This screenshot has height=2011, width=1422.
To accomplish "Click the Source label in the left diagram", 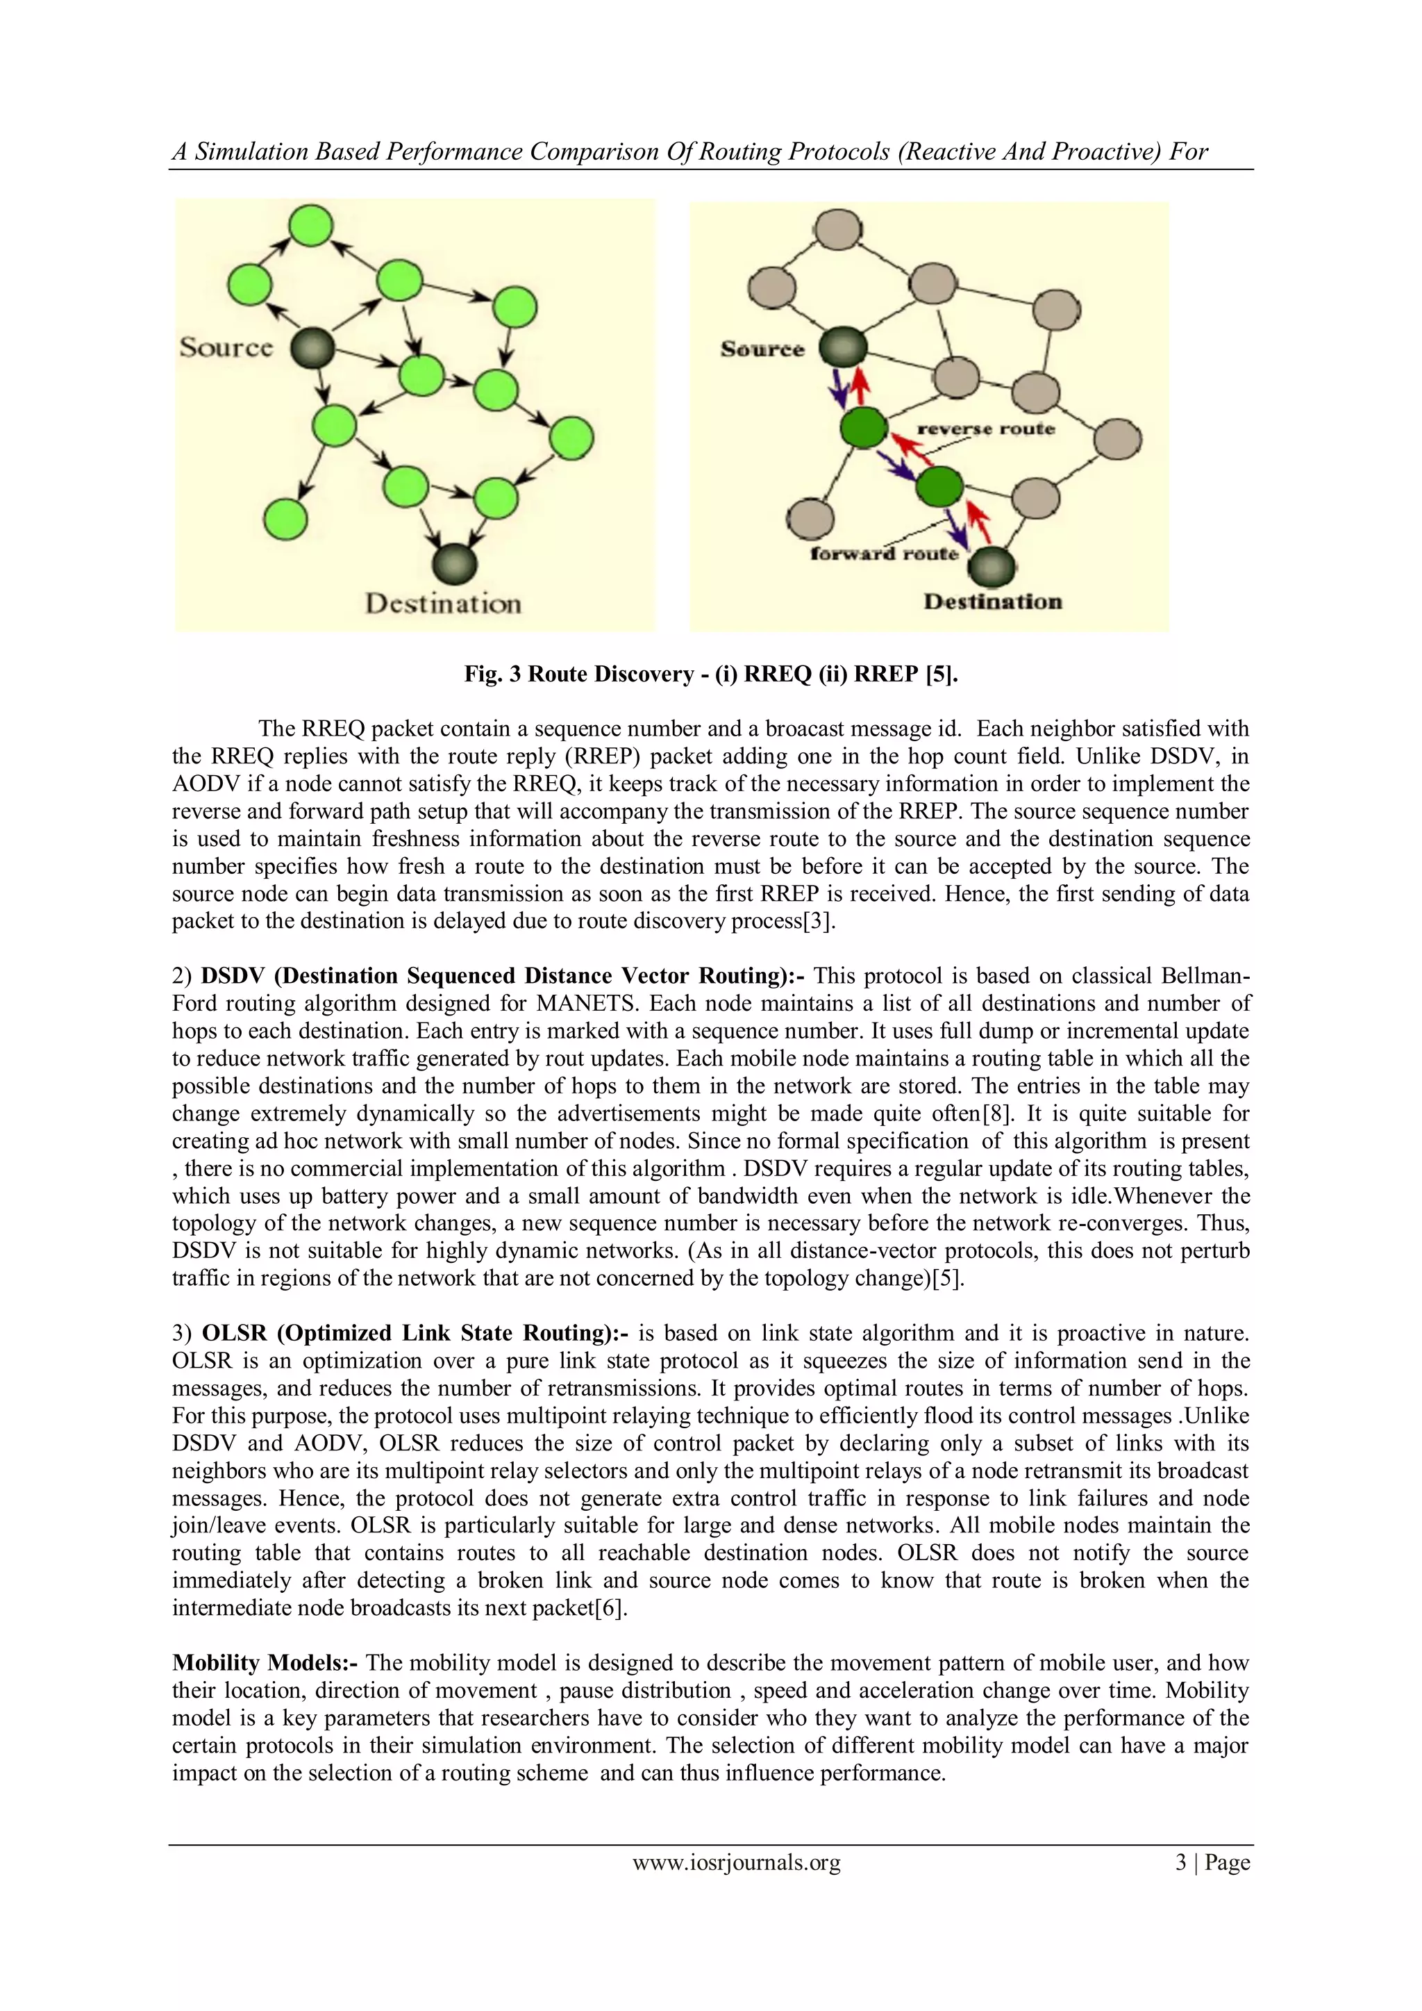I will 226,348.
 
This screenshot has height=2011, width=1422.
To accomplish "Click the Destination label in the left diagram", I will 443,604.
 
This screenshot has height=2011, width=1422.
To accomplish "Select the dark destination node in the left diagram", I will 455,563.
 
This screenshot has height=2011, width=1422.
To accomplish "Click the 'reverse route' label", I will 986,429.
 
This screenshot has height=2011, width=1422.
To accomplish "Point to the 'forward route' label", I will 885,554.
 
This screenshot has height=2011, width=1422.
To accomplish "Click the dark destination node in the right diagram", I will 992,567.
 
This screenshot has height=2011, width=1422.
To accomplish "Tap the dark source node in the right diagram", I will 842,349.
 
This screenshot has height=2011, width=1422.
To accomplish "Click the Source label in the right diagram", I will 762,349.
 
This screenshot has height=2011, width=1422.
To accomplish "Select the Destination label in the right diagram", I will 993,602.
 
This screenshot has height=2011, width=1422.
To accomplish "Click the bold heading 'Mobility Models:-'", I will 265,1662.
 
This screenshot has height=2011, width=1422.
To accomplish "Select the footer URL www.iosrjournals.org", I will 737,1862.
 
